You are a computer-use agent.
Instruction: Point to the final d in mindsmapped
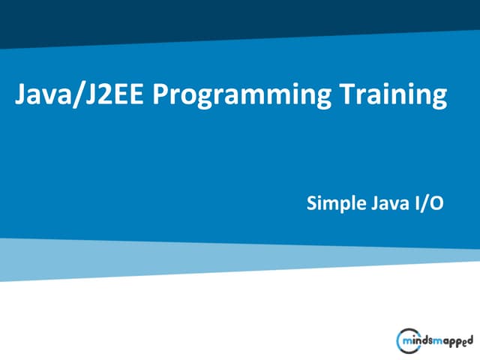coord(469,338)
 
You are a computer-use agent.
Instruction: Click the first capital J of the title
coord(20,96)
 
